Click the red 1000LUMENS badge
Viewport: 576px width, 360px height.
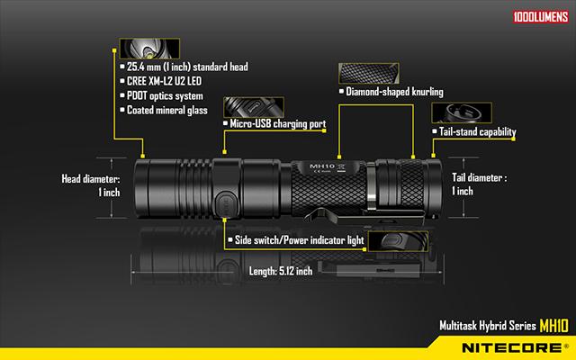(x=540, y=16)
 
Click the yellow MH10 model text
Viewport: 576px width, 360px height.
(x=554, y=326)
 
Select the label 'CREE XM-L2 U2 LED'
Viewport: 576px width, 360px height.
(x=164, y=81)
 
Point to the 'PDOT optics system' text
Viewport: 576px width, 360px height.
(x=165, y=96)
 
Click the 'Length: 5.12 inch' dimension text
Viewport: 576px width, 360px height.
(x=281, y=271)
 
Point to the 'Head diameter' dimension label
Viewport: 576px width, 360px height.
(x=91, y=185)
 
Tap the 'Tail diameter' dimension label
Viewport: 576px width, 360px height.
(x=479, y=184)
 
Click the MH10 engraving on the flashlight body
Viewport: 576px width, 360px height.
(x=322, y=166)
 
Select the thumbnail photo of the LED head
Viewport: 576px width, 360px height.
(x=149, y=49)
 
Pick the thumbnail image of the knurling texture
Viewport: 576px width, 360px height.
(x=369, y=73)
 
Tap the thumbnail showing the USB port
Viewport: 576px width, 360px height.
(x=254, y=107)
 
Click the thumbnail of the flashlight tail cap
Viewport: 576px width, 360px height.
(x=462, y=112)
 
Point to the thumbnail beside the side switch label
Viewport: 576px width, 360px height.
(x=398, y=241)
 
